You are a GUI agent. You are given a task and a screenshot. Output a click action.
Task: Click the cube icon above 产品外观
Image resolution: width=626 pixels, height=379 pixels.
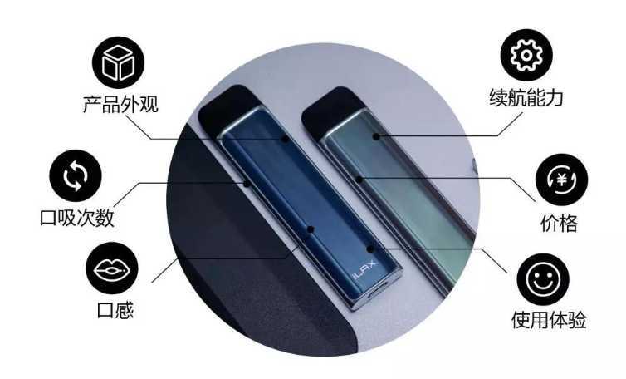click(x=118, y=62)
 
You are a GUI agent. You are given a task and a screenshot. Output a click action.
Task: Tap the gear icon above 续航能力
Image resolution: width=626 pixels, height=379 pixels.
click(x=526, y=55)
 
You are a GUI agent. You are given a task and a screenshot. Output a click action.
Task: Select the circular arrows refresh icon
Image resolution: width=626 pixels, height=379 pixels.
click(x=76, y=175)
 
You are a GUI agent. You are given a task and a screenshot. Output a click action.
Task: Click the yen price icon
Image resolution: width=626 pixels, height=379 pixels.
click(x=562, y=180)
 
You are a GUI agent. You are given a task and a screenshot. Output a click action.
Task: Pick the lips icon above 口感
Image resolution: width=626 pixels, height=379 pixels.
click(x=112, y=268)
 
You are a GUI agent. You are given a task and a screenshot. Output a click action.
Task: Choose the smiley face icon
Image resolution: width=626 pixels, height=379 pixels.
click(x=543, y=279)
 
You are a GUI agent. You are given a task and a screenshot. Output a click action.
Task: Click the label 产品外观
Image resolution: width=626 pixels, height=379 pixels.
click(x=120, y=104)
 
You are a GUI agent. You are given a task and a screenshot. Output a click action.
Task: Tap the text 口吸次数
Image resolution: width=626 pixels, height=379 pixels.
click(x=77, y=218)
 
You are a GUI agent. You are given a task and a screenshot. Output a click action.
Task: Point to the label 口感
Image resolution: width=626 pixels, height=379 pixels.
click(x=115, y=310)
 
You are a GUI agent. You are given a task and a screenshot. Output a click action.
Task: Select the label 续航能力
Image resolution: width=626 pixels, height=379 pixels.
click(x=526, y=97)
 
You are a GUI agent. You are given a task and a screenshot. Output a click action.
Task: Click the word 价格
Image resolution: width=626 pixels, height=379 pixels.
click(x=560, y=223)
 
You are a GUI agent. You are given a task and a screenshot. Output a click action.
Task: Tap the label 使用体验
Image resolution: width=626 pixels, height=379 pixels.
click(x=549, y=320)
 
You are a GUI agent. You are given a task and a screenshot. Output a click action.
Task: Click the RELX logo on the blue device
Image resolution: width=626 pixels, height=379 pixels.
click(x=364, y=270)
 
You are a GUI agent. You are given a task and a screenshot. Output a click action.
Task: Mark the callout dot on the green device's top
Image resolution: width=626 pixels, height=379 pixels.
click(x=376, y=136)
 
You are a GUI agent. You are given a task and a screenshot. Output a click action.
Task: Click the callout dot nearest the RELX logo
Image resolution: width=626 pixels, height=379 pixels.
click(x=370, y=249)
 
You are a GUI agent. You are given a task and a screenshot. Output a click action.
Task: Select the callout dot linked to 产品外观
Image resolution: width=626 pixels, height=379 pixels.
click(x=285, y=139)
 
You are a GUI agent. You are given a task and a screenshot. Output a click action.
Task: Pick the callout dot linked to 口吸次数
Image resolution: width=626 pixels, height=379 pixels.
click(x=247, y=184)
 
